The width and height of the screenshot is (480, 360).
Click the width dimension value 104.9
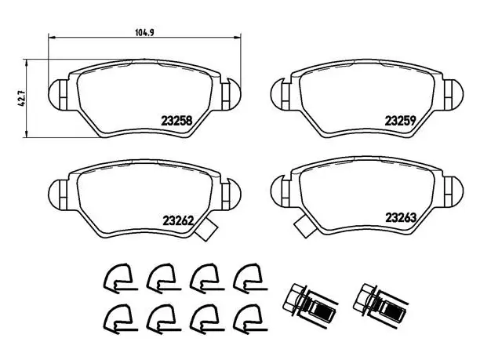pyautogui.click(x=144, y=32)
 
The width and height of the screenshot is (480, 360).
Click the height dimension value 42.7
pyautogui.click(x=21, y=99)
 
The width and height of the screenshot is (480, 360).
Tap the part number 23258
pyautogui.click(x=176, y=121)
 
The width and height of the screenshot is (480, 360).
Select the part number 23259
pyautogui.click(x=400, y=121)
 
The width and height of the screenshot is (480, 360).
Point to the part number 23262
pyautogui.click(x=178, y=220)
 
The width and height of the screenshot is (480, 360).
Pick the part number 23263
pyautogui.click(x=401, y=218)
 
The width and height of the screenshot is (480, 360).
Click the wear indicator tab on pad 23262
pyautogui.click(x=206, y=230)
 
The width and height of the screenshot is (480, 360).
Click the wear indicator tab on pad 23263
pyautogui.click(x=305, y=225)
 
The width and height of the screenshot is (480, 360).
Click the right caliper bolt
pyautogui.click(x=380, y=304)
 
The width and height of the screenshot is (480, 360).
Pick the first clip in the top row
pyautogui.click(x=119, y=278)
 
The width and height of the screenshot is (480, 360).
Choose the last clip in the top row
pyautogui.click(x=249, y=278)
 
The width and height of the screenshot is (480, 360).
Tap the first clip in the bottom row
pyautogui.click(x=119, y=319)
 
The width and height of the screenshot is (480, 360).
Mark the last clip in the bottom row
pyautogui.click(x=249, y=319)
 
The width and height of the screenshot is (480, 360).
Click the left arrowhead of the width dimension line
pyautogui.click(x=52, y=38)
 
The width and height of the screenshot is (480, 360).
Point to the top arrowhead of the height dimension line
pyautogui.click(x=27, y=63)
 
